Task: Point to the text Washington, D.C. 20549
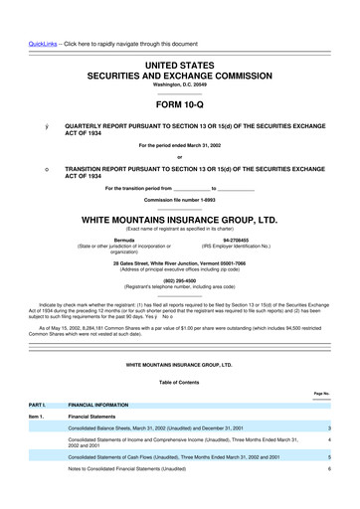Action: coord(179,84)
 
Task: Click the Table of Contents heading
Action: coord(179,382)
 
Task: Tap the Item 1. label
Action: coord(38,418)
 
